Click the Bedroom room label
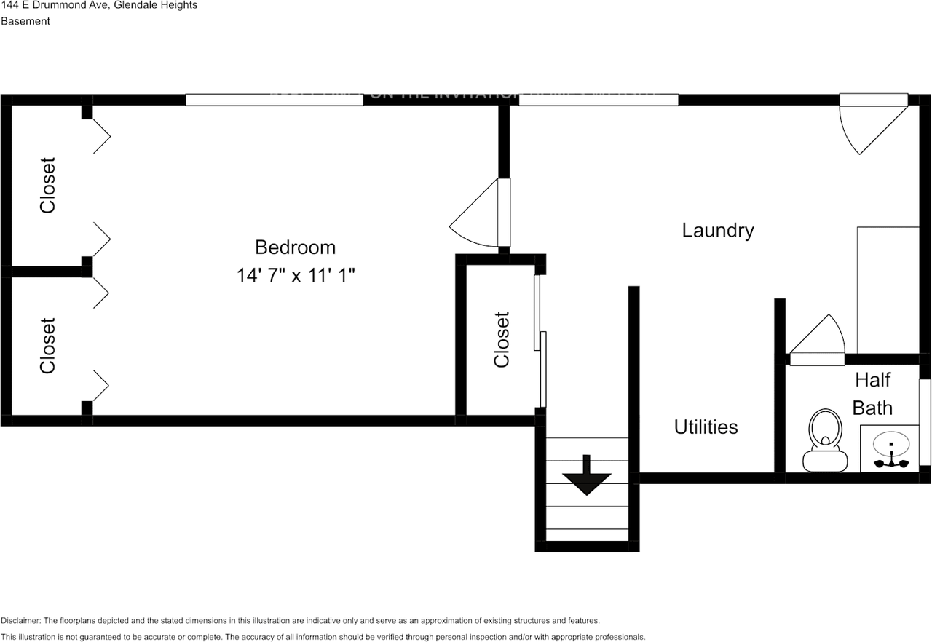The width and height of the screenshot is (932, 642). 295,247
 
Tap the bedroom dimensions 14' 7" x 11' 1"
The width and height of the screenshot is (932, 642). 295,276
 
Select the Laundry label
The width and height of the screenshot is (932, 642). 717,231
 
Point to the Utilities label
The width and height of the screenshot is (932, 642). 706,427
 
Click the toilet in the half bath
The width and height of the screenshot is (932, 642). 825,441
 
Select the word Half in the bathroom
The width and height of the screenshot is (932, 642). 872,380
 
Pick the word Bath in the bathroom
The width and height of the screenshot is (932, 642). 872,408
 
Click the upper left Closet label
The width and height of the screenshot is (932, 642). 48,186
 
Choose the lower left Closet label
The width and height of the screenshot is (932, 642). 48,345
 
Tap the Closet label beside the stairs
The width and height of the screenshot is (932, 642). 502,339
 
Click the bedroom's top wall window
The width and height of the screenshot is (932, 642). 274,100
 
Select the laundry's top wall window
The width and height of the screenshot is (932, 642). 598,100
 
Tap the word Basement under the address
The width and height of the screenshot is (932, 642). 25,21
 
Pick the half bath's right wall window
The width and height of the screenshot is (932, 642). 925,421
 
